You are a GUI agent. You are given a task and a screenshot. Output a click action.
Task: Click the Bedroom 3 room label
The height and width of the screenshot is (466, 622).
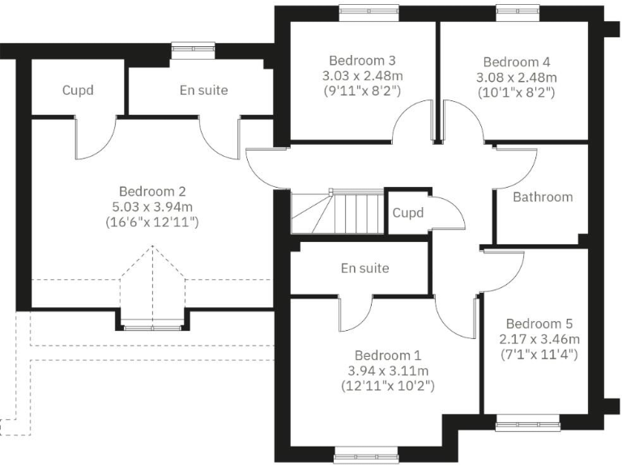coord(362,61)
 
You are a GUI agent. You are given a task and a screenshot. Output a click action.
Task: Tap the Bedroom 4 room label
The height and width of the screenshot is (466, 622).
coord(517,62)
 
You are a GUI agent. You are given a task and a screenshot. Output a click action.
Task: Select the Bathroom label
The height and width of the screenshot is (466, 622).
coord(543,197)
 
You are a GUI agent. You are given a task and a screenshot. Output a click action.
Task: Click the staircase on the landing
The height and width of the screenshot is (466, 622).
coord(337,212)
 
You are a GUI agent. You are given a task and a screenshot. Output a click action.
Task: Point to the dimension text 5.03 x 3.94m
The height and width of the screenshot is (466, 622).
coord(153,206)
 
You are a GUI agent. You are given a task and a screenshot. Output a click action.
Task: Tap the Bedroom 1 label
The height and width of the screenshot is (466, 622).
coord(388,356)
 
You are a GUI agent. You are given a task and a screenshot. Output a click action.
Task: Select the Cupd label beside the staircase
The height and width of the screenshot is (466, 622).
coord(409,213)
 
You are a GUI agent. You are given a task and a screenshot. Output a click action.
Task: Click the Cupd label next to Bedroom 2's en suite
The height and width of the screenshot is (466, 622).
coord(78,90)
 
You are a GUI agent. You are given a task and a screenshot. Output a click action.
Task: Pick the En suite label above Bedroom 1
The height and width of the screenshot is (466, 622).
coord(364,268)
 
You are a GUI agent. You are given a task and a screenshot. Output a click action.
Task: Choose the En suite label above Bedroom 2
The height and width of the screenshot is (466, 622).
coord(203,90)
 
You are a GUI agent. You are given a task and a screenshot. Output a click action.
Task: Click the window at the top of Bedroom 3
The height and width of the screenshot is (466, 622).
coord(362,10)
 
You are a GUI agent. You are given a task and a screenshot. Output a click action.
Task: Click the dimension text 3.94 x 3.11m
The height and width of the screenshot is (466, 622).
coord(388,371)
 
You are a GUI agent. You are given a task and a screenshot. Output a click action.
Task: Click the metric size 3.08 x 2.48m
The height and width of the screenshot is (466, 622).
coord(517,78)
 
